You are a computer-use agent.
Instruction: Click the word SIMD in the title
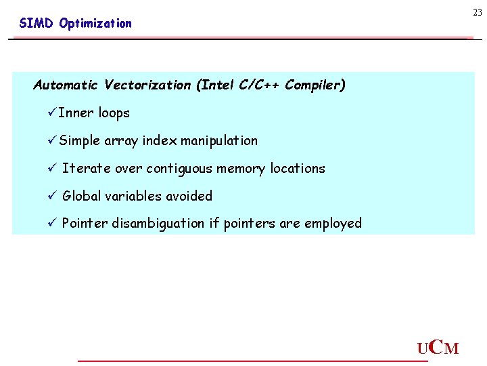[36, 24]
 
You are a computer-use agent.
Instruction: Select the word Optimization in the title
[95, 24]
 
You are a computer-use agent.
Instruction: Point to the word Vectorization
[147, 85]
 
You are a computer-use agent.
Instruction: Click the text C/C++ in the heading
[259, 85]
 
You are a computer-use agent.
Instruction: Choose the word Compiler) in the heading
[315, 85]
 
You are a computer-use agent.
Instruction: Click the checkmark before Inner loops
[52, 113]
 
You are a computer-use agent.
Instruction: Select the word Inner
[76, 113]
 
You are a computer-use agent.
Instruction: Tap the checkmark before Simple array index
[52, 141]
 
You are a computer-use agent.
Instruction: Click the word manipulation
[219, 141]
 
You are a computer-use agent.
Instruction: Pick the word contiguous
[179, 169]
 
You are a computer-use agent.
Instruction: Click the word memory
[241, 169]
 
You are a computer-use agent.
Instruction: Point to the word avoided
[190, 197]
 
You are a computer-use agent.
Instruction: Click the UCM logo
[438, 348]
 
